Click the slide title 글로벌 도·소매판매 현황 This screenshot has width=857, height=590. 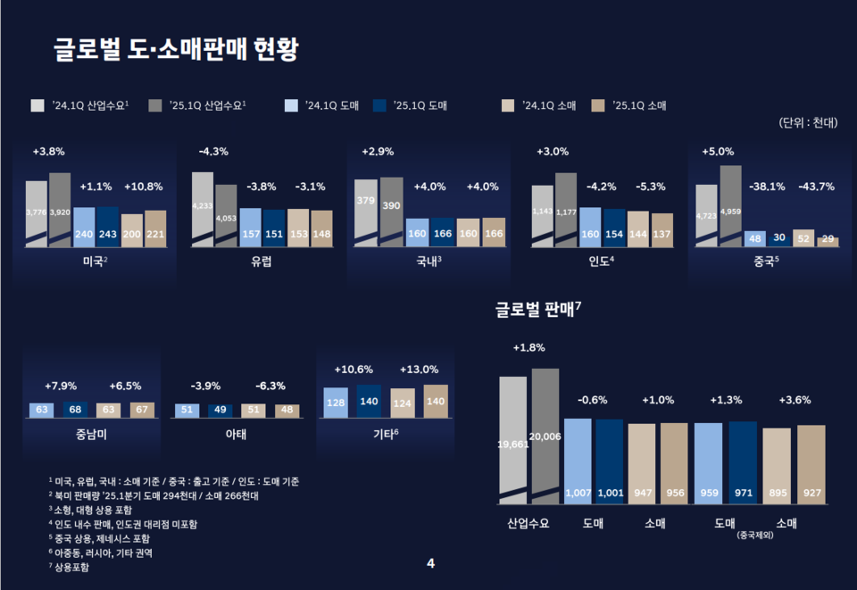click(x=175, y=51)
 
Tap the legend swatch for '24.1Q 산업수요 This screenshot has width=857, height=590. click(x=37, y=105)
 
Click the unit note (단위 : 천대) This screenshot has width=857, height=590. click(x=807, y=123)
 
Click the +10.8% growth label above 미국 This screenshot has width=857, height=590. click(x=144, y=187)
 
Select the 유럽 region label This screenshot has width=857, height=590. click(x=262, y=262)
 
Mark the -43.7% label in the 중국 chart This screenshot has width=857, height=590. click(x=816, y=187)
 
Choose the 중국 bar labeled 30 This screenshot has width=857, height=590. click(x=779, y=239)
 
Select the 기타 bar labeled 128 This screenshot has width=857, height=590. click(x=336, y=403)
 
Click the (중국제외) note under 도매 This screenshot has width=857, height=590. click(x=754, y=536)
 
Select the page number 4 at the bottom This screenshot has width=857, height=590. click(x=430, y=563)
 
